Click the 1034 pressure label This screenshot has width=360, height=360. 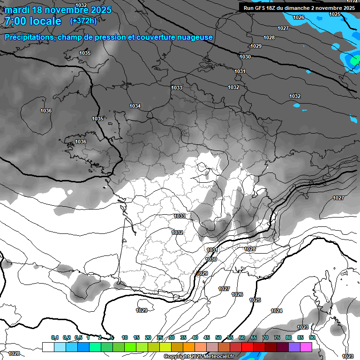(135, 106)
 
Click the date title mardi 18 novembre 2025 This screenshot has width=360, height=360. (58, 10)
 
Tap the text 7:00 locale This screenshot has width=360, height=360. (33, 21)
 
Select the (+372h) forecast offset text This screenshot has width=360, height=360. (83, 21)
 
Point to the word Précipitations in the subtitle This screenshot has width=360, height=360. (29, 37)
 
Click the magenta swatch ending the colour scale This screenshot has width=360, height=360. (306, 347)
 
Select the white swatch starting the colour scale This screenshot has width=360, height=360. (48, 347)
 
